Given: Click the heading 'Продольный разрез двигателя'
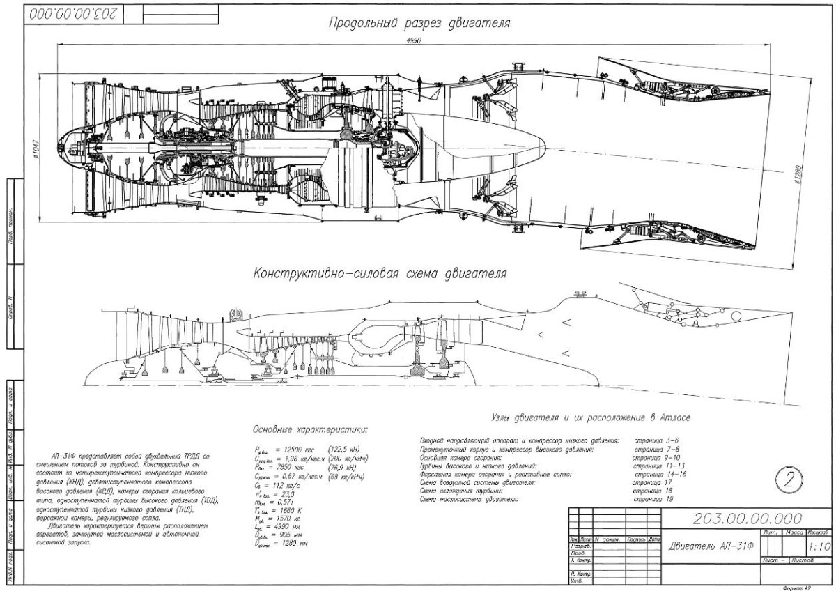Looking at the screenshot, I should (420, 22).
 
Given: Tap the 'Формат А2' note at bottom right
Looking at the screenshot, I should (797, 588).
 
